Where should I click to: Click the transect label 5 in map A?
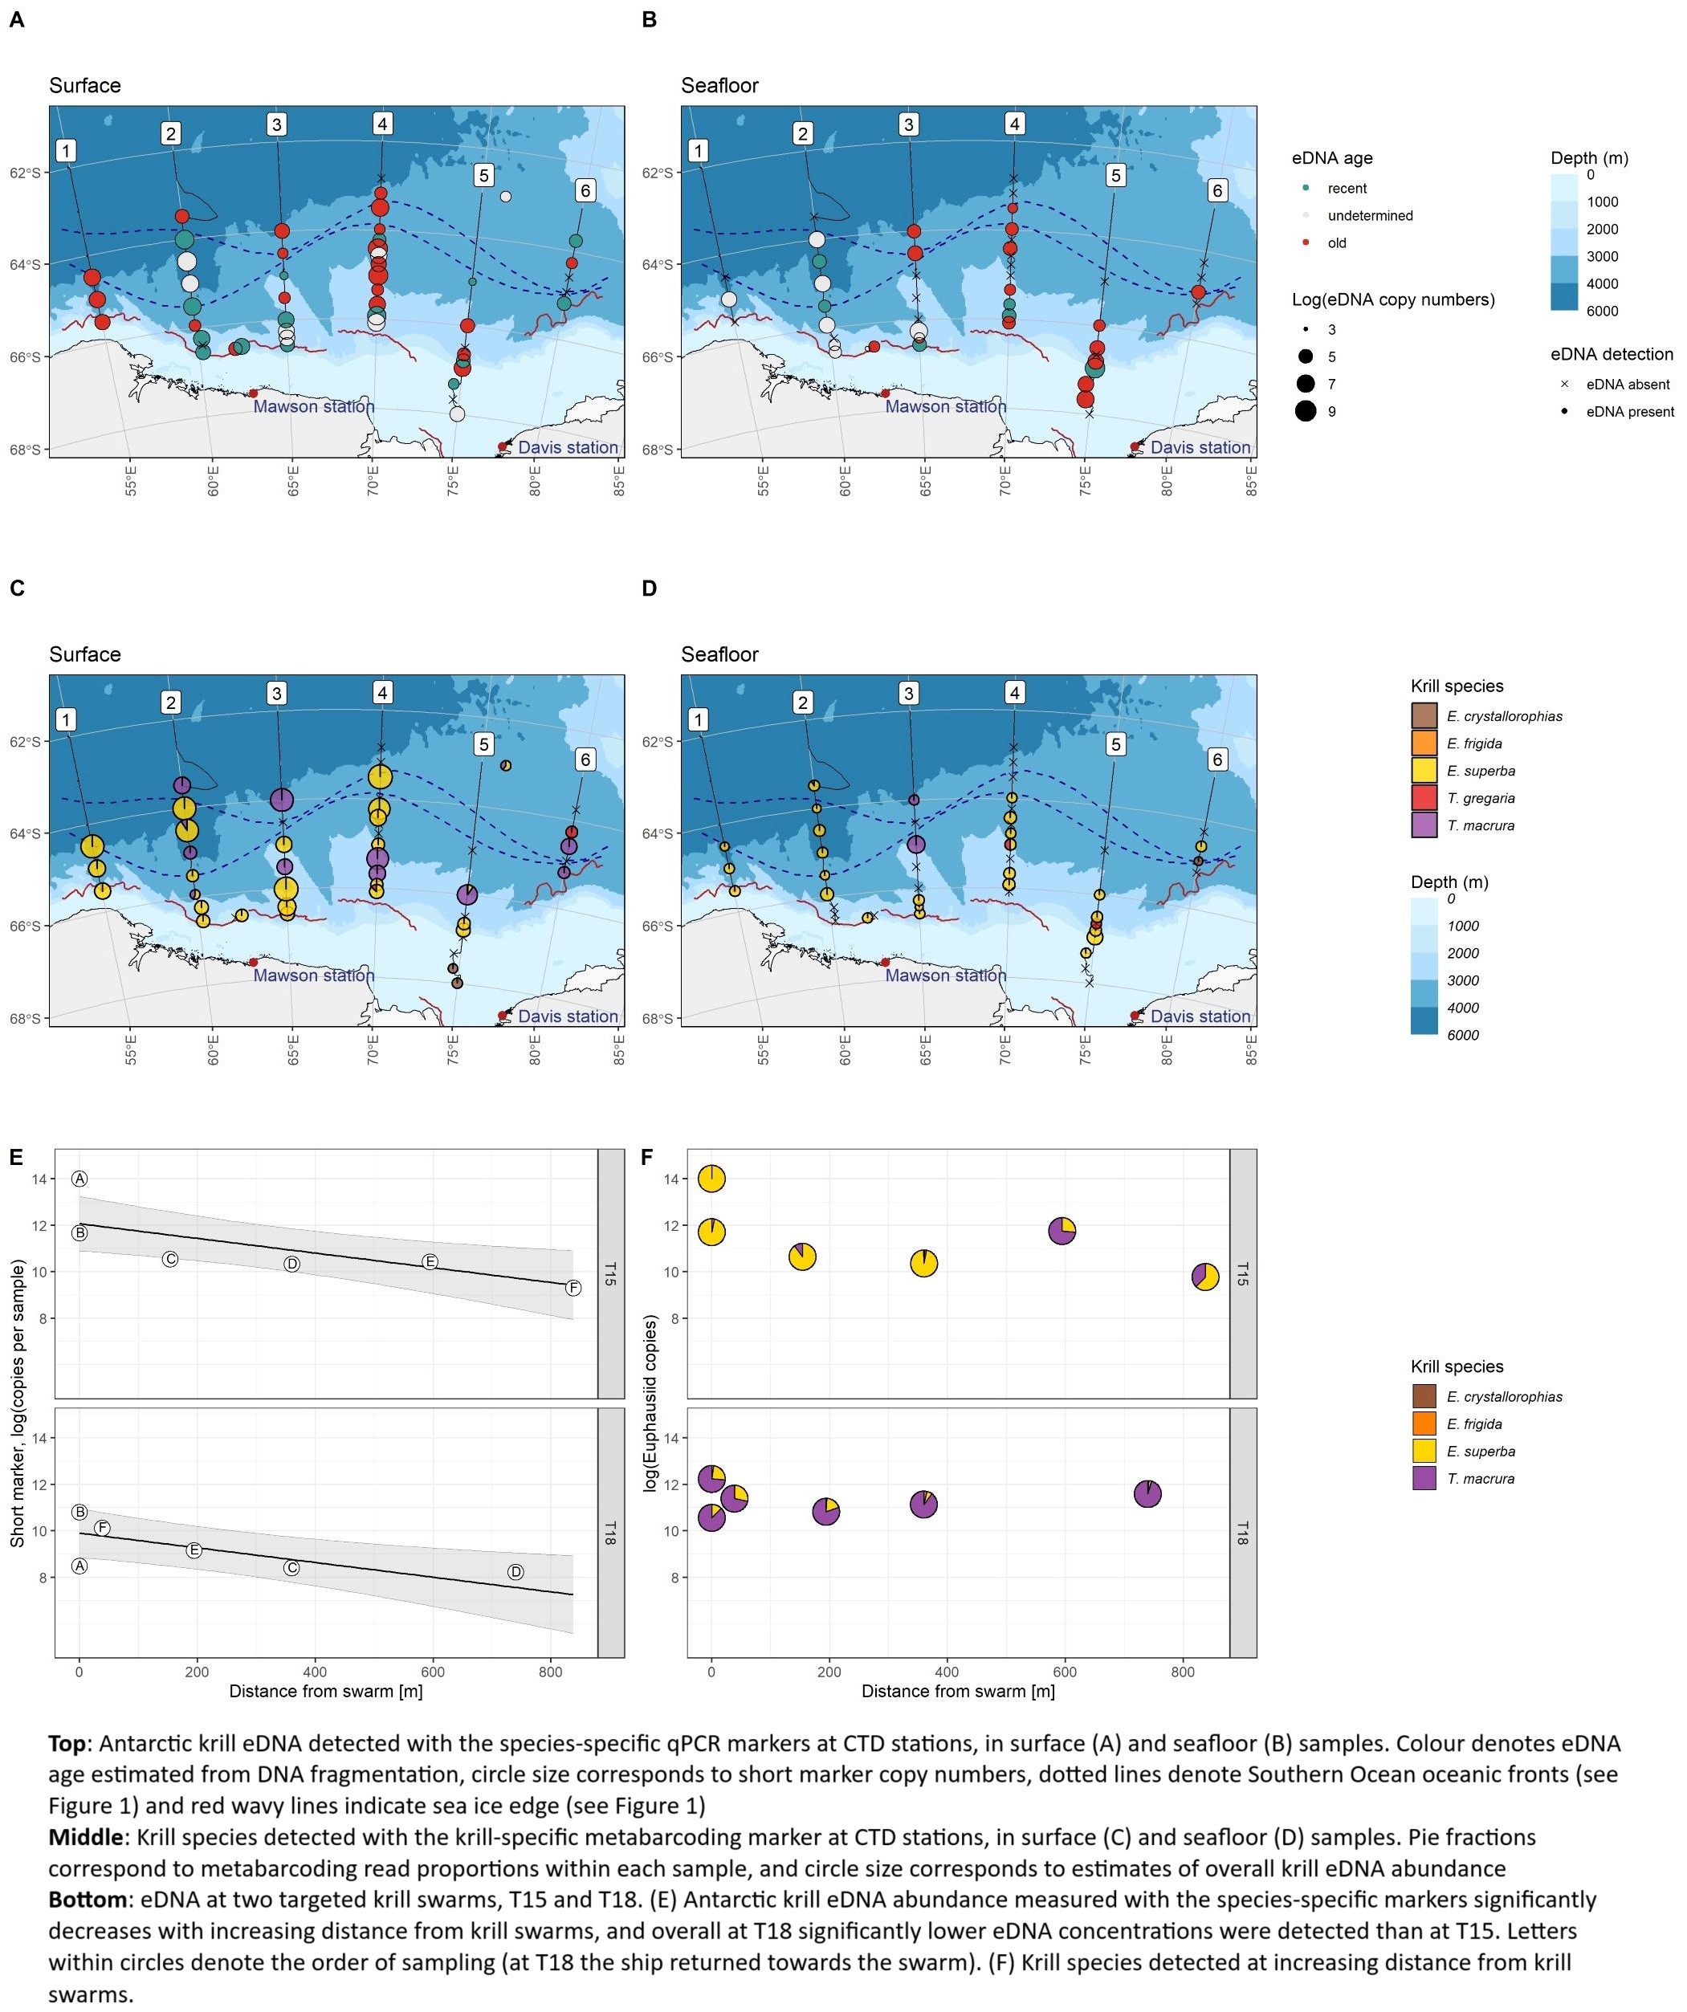484,175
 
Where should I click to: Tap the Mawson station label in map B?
946,406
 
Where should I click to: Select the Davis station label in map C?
568,1016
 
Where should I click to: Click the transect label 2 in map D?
803,703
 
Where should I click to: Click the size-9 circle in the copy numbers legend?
1306,412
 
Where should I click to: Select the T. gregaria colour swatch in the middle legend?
1424,798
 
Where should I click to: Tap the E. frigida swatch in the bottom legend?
1424,1424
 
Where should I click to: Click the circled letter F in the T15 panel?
573,1289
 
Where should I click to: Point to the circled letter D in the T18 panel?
515,1572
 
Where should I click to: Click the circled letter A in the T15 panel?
79,1179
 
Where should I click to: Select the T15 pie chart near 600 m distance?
1062,1231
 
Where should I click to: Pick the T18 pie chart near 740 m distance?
1147,1493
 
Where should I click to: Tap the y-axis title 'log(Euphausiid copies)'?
650,1403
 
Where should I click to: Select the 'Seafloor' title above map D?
719,654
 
